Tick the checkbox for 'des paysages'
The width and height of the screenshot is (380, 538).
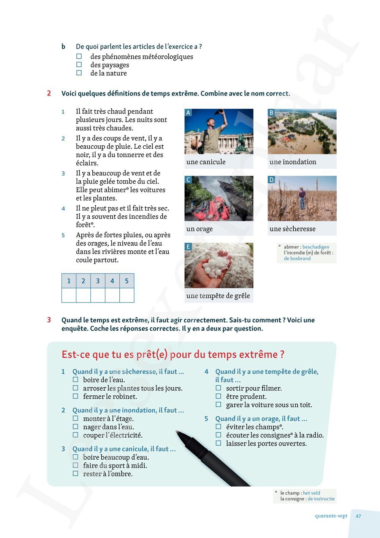pyautogui.click(x=79, y=65)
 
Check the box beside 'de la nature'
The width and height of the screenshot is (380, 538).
pyautogui.click(x=79, y=73)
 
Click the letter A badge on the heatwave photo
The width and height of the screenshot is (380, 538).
pyautogui.click(x=188, y=113)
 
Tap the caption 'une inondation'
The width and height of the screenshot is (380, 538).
pyautogui.click(x=293, y=162)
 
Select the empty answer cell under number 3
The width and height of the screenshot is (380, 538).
pyautogui.click(x=98, y=295)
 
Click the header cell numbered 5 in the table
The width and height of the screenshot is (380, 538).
pyautogui.click(x=127, y=281)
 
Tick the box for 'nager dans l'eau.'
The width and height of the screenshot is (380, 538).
pyautogui.click(x=75, y=427)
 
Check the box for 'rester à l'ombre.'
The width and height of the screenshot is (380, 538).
pyautogui.click(x=75, y=474)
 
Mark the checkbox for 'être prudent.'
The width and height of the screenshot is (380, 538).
pyautogui.click(x=218, y=396)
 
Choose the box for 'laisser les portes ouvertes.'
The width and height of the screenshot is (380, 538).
pyautogui.click(x=218, y=443)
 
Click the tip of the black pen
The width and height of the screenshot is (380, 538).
pyautogui.click(x=177, y=432)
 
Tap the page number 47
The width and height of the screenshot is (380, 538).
pyautogui.click(x=358, y=516)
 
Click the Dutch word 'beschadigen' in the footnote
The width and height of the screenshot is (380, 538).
pyautogui.click(x=316, y=247)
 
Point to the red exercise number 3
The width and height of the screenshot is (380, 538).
pyautogui.click(x=49, y=320)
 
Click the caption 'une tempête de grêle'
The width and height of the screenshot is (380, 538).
pyautogui.click(x=218, y=296)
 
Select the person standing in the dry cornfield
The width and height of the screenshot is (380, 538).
pyautogui.click(x=302, y=197)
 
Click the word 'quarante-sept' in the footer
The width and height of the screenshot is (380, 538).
pyautogui.click(x=331, y=516)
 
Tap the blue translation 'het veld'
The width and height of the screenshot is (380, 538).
pyautogui.click(x=312, y=493)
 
